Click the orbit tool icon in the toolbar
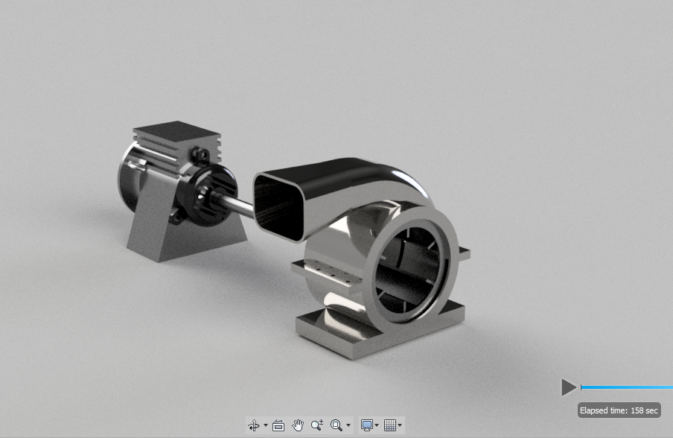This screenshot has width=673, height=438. tap(254, 425)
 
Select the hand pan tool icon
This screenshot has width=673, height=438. tap(298, 425)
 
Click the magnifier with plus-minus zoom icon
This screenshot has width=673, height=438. tap(316, 425)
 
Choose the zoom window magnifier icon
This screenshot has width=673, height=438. tap(336, 425)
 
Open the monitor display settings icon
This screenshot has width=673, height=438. tap(366, 425)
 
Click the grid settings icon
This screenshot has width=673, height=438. tap(390, 425)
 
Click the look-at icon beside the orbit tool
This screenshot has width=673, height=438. tap(278, 425)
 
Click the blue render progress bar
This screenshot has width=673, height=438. tap(625, 387)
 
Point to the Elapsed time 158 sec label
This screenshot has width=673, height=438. tap(619, 410)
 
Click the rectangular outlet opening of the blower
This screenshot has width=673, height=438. tap(281, 203)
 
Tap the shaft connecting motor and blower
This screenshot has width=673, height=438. tap(239, 203)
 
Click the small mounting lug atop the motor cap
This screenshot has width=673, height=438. tap(200, 154)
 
